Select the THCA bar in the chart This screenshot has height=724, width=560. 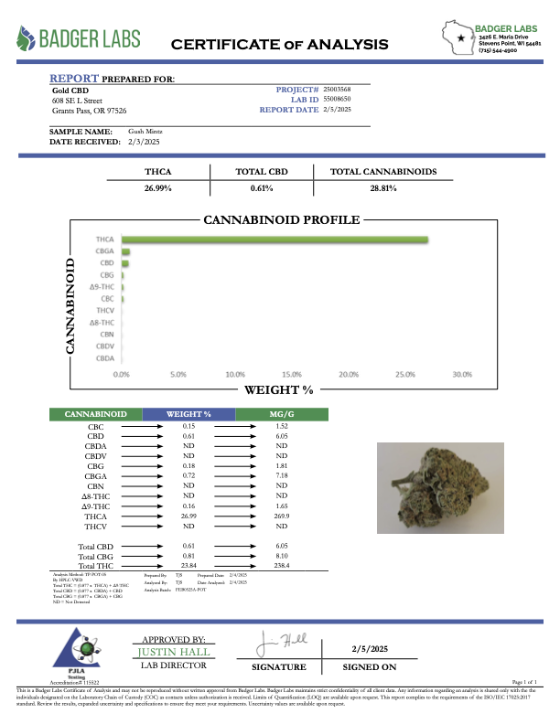275,240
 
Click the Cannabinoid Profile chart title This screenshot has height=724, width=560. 280,220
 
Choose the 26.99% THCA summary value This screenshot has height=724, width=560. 158,187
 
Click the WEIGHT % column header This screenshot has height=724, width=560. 189,414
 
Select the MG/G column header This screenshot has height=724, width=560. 281,414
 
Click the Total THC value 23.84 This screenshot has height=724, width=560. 189,565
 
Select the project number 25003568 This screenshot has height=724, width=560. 337,90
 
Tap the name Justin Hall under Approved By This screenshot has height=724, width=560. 173,652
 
